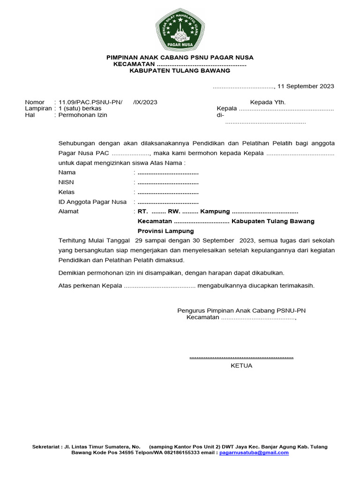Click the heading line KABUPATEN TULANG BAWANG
[x=180, y=70]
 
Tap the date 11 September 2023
[x=306, y=86]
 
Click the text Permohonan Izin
[x=82, y=115]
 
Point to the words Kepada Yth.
[x=268, y=102]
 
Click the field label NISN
[x=66, y=182]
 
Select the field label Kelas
[x=67, y=192]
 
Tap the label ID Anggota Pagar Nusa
[x=92, y=202]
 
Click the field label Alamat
[x=68, y=211]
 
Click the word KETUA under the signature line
[x=241, y=366]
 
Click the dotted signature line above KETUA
[x=241, y=357]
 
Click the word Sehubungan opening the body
[x=77, y=143]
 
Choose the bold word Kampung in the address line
[x=215, y=211]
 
